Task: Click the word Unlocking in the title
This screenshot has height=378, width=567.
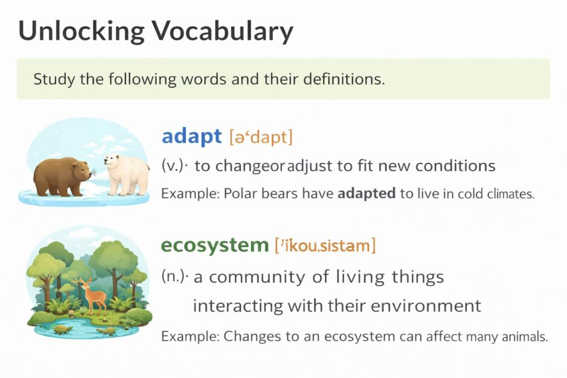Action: pyautogui.click(x=82, y=32)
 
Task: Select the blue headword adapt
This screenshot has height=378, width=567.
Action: pyautogui.click(x=192, y=136)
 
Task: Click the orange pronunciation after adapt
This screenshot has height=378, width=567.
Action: pyautogui.click(x=260, y=137)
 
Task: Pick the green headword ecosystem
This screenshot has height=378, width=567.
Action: pyautogui.click(x=214, y=245)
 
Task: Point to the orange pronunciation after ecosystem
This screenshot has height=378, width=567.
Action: pyautogui.click(x=325, y=245)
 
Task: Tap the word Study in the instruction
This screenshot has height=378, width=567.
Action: pyautogui.click(x=53, y=79)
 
